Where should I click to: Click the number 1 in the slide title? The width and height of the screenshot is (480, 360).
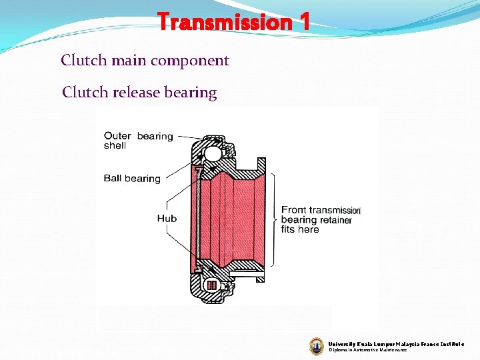[x=303, y=23]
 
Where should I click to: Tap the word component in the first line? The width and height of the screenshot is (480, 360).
[x=190, y=61]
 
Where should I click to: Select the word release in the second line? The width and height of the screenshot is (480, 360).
[x=137, y=92]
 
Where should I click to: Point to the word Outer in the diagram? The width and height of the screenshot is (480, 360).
[x=117, y=136]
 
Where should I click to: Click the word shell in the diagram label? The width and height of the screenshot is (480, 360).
[x=115, y=145]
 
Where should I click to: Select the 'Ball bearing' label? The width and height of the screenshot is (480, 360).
[x=132, y=178]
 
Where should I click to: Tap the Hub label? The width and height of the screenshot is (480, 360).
[x=167, y=218]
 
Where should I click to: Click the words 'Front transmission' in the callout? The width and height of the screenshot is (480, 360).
[x=321, y=209]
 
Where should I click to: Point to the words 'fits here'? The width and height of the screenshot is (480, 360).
[x=300, y=229]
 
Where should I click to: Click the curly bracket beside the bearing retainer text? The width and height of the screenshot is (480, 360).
[x=275, y=219]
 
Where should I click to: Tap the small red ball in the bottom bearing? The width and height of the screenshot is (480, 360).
[x=212, y=285]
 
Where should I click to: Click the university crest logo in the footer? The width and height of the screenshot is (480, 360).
[x=316, y=345]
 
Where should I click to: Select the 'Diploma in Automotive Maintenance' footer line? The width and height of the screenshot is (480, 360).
[x=367, y=350]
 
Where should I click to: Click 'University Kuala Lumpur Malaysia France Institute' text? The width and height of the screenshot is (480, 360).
[x=396, y=343]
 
